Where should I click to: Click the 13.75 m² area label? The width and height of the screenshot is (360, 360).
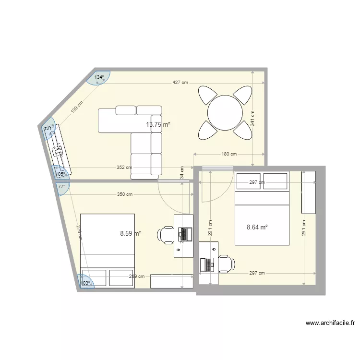click(x=158, y=124)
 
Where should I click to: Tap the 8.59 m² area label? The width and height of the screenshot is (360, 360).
click(x=130, y=234)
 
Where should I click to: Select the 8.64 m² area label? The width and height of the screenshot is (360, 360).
click(x=257, y=228)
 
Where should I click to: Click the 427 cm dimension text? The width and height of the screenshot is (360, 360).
click(x=180, y=83)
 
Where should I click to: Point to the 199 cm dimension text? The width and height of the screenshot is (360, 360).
click(x=77, y=107)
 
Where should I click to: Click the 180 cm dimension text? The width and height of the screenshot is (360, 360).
click(x=229, y=154)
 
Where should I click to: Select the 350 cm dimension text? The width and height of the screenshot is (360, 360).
click(x=124, y=194)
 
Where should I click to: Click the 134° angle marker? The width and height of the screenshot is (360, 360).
click(x=99, y=77)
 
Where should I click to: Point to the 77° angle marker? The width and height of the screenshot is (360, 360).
click(x=61, y=186)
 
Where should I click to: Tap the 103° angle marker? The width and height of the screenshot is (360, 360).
click(x=85, y=283)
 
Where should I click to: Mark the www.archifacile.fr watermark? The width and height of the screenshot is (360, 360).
click(x=330, y=324)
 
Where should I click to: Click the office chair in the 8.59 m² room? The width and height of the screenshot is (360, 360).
click(x=166, y=235)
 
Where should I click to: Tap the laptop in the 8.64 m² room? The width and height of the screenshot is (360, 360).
click(x=208, y=264)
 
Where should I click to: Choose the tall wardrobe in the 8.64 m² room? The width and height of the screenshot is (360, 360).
click(x=308, y=192)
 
